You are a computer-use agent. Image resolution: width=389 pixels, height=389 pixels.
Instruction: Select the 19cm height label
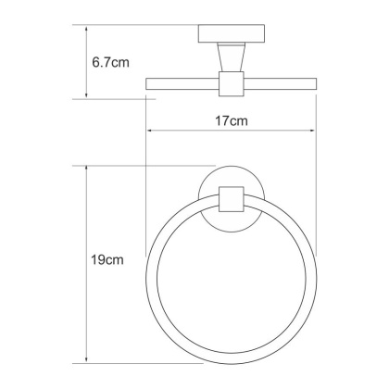[107, 263]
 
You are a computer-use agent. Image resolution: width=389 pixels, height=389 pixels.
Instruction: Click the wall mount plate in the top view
[230, 34]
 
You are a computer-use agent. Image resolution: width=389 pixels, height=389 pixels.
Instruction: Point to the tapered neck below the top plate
[230, 58]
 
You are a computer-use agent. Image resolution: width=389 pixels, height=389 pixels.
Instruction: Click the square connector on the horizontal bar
[230, 84]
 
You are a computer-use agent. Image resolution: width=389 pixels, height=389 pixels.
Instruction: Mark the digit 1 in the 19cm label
[95, 263]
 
